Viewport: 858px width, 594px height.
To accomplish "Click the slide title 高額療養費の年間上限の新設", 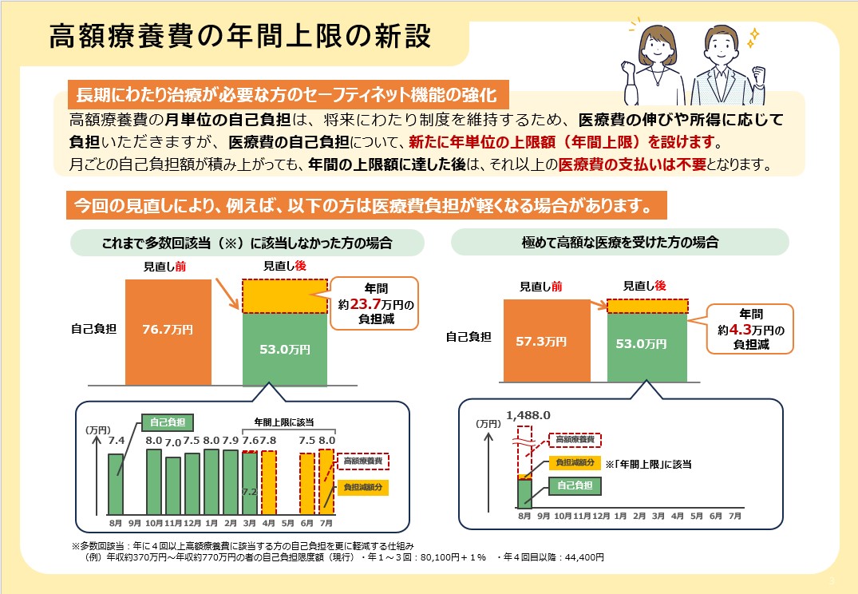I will click(x=239, y=37).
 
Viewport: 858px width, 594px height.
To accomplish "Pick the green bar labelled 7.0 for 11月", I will click(x=173, y=485).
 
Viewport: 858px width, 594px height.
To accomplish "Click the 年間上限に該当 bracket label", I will click(x=284, y=421).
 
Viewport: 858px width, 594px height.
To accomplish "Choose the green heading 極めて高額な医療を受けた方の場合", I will click(x=620, y=242).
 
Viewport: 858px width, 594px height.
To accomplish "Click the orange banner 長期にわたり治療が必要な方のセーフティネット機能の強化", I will click(x=286, y=96).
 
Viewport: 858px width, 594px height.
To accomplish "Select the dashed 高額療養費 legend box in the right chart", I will click(x=575, y=439).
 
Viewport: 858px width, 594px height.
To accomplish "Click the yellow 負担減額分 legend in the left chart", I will click(x=362, y=486).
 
